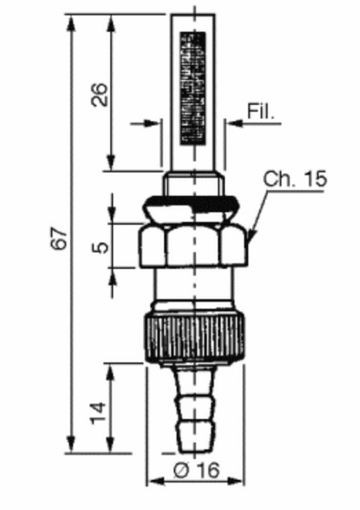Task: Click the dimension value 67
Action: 59,238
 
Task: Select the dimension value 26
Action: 99,94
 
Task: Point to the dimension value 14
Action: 98,413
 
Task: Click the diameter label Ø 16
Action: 197,470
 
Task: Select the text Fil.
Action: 260,111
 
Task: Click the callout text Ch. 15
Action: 294,178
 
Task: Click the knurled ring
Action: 195,337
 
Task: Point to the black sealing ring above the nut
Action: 192,204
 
